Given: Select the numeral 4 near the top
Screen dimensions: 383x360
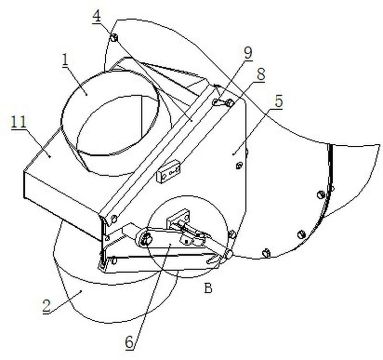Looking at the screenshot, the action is coord(97,16).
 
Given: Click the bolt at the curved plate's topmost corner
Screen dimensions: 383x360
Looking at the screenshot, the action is coord(114,37).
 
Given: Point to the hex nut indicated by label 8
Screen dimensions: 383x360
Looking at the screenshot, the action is coord(229,103).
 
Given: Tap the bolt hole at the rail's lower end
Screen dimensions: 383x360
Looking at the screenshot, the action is coord(114,219).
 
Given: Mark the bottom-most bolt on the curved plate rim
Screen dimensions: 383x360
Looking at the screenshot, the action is coord(266,253).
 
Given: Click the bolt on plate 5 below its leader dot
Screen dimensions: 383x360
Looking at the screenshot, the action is coord(239,165).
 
